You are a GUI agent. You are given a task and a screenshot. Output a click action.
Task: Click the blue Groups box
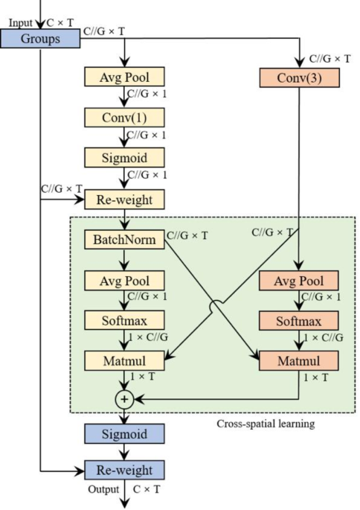(39, 38)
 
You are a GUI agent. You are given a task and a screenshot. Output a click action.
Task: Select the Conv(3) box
(298, 77)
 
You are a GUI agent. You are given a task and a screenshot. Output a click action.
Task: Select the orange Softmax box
(298, 322)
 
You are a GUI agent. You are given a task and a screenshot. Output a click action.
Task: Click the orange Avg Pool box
(298, 281)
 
